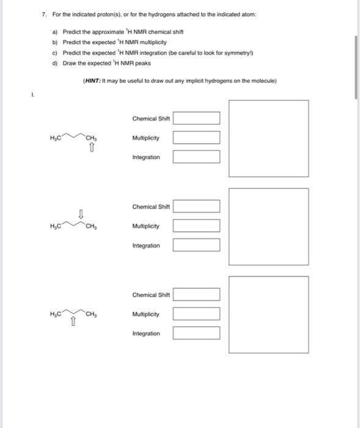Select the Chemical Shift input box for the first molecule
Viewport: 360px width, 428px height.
[196, 119]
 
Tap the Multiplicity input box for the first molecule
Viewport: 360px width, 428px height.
[196, 138]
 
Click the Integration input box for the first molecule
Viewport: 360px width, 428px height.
[196, 157]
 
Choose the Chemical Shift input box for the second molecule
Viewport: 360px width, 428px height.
[196, 207]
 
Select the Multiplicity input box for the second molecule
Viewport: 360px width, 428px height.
[196, 226]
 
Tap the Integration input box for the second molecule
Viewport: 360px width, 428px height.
[196, 246]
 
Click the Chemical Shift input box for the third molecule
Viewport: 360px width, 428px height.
[196, 295]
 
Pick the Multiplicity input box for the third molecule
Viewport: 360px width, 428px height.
[196, 314]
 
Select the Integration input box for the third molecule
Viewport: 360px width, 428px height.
[196, 333]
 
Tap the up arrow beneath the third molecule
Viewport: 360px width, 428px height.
[73, 323]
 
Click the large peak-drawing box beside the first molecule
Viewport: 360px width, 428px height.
[268, 138]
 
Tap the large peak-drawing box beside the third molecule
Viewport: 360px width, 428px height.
[268, 314]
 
